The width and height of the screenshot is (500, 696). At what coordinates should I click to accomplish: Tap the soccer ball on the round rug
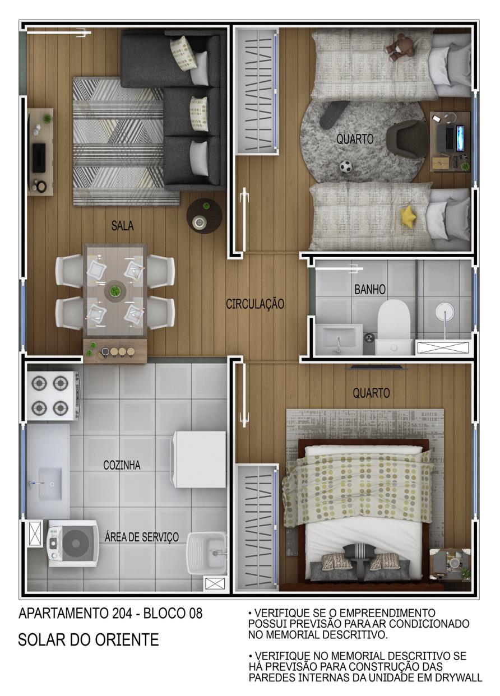pos(346,166)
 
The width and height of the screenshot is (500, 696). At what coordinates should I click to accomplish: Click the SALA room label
pos(122,226)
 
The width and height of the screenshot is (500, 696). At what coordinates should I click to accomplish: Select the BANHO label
pos(370,289)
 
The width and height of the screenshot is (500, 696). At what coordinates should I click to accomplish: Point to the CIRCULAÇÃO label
pos(255,304)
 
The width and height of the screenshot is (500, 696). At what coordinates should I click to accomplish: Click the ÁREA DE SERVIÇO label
pos(142,537)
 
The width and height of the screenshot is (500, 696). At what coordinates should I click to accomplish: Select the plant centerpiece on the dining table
pos(115,291)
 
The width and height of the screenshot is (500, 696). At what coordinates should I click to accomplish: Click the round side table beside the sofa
pos(204,216)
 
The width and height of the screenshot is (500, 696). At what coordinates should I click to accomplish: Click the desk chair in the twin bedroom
pos(407,138)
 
